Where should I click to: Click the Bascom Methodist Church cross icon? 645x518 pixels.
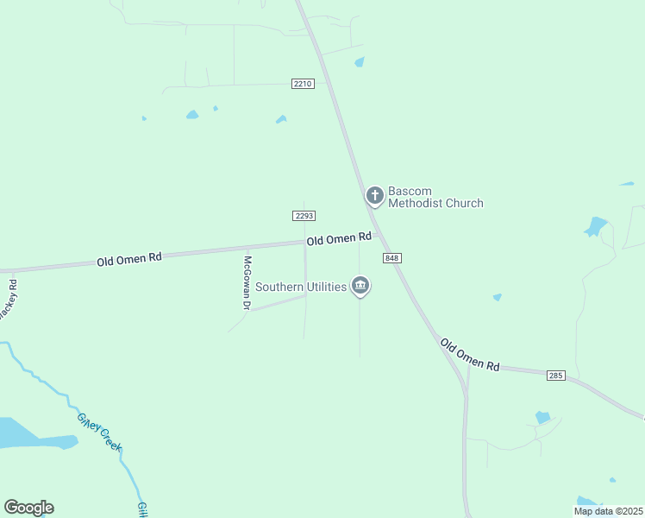pyautogui.click(x=374, y=196)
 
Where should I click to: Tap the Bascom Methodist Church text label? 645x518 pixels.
pyautogui.click(x=435, y=197)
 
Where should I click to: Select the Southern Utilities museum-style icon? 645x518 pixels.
pyautogui.click(x=360, y=286)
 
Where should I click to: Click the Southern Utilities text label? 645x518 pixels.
pyautogui.click(x=300, y=286)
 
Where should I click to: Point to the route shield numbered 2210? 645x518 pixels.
pyautogui.click(x=303, y=84)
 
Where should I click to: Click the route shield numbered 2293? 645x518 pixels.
pyautogui.click(x=304, y=216)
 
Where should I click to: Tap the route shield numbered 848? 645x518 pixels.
pyautogui.click(x=392, y=258)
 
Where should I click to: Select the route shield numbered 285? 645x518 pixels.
pyautogui.click(x=555, y=375)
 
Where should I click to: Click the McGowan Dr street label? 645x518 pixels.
pyautogui.click(x=247, y=283)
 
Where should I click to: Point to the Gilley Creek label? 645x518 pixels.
pyautogui.click(x=101, y=432)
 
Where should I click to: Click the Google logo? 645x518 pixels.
pyautogui.click(x=28, y=508)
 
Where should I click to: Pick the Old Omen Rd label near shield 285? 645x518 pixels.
pyautogui.click(x=470, y=355)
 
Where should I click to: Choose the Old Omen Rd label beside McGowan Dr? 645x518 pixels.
pyautogui.click(x=129, y=257)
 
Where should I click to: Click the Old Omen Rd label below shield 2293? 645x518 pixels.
pyautogui.click(x=339, y=238)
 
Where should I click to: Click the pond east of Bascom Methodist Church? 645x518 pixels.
pyautogui.click(x=595, y=227)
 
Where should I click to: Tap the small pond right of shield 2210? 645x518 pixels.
pyautogui.click(x=359, y=62)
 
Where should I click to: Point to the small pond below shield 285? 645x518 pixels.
pyautogui.click(x=542, y=417)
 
